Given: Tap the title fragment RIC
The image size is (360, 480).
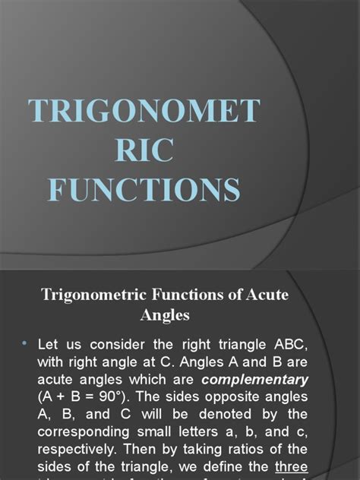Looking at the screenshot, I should tap(144, 151).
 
